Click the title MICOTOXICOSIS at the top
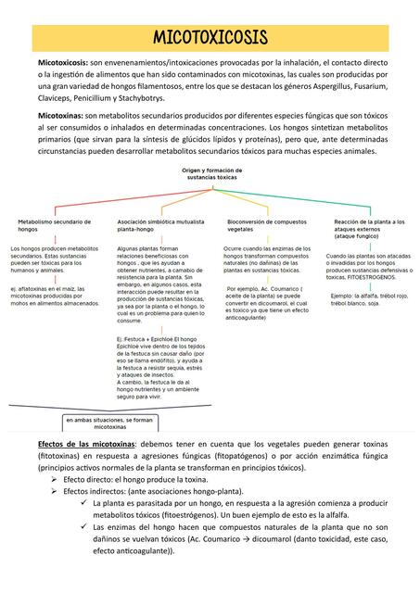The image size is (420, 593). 210,37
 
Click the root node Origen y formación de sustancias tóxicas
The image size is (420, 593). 211,174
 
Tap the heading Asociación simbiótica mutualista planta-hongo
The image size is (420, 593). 160,225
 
